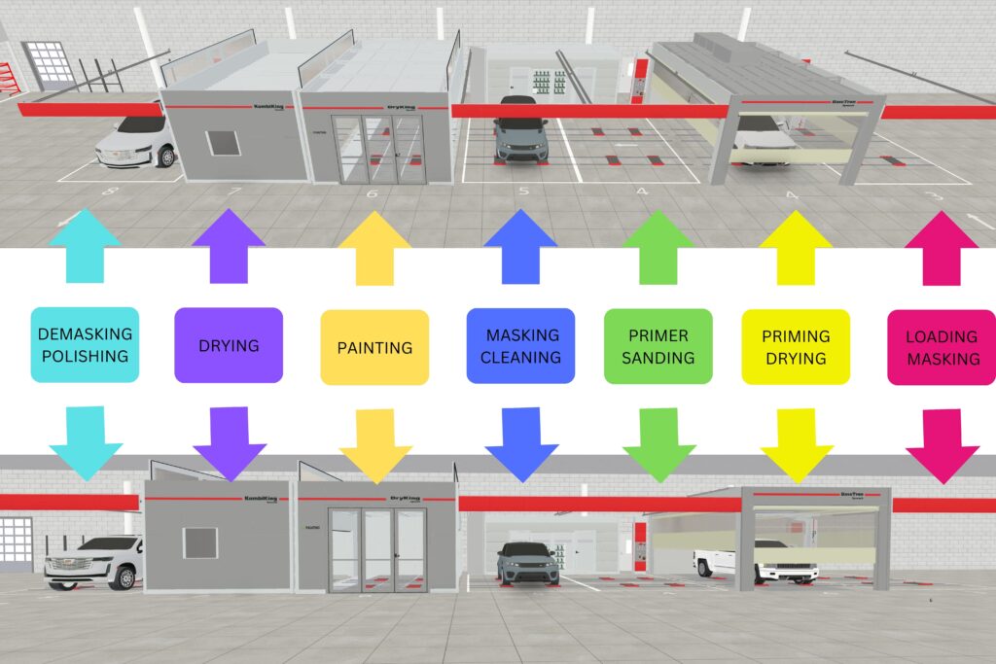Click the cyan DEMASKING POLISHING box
pyautogui.click(x=85, y=345)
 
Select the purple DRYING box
pyautogui.click(x=229, y=345)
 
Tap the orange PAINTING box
pyautogui.click(x=374, y=347)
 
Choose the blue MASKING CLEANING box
pyautogui.click(x=520, y=345)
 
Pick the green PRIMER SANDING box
pyautogui.click(x=658, y=345)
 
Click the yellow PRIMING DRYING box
pyautogui.click(x=796, y=347)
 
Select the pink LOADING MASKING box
pyautogui.click(x=942, y=347)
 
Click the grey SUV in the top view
pyautogui.click(x=520, y=131)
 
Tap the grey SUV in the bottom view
pyautogui.click(x=528, y=564)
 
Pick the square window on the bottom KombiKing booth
pyautogui.click(x=200, y=542)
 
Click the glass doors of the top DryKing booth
pyautogui.click(x=378, y=150)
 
